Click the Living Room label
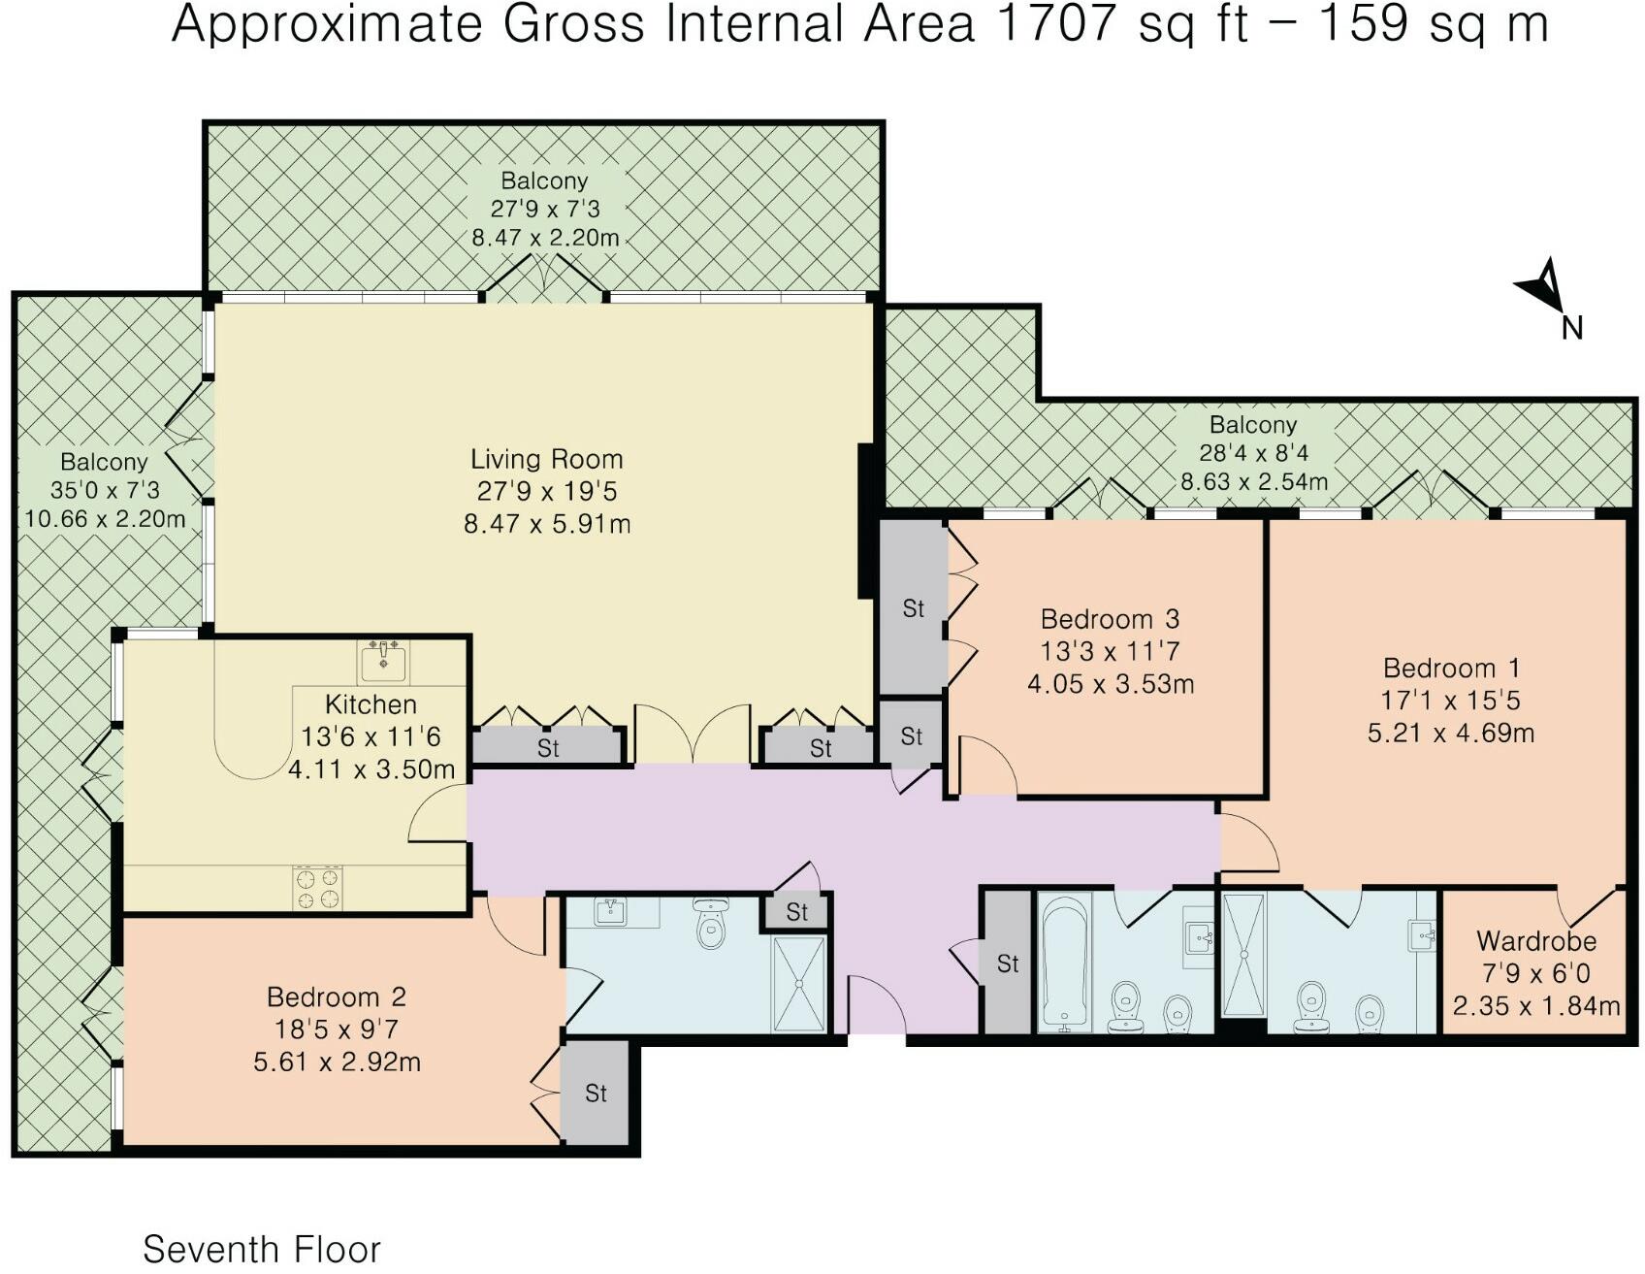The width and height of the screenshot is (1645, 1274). pos(546,459)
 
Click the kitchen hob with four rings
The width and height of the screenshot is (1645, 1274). pos(317,888)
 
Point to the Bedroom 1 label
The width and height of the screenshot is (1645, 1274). pos(1451,668)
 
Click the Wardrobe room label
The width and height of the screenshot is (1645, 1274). pos(1536,940)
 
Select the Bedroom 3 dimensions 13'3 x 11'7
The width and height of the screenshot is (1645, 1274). pos(1110,651)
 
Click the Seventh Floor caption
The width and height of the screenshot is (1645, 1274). pos(262,1249)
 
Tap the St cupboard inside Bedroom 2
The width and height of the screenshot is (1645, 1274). pos(596,1094)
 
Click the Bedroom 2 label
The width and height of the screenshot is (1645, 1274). pos(337,996)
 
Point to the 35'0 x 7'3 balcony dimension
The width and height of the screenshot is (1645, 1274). pos(105,490)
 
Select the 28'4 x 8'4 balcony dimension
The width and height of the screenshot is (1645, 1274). pos(1253,452)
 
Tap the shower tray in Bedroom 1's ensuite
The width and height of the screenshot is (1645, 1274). pos(1244,955)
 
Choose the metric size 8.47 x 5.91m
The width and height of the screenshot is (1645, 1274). pos(547,524)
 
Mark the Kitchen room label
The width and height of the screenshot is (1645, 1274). pos(371,704)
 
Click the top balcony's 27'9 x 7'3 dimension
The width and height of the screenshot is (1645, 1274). pos(544,209)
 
